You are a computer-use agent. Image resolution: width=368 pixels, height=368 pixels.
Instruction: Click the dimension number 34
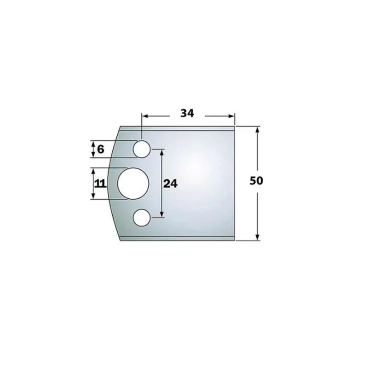187,113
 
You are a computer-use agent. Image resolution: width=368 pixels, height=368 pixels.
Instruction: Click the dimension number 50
256,181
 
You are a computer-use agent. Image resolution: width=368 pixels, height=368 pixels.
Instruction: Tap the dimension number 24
170,184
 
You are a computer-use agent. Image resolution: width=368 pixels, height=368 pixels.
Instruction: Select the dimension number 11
100,184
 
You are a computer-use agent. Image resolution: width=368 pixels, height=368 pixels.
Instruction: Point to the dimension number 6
100,149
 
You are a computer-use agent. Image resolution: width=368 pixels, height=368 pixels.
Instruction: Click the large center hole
133,184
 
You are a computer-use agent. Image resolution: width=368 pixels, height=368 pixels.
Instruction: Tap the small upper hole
142,149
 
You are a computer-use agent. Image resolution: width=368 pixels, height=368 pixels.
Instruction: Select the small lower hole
142,218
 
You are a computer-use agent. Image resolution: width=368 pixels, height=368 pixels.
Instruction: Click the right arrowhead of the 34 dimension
231,116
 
